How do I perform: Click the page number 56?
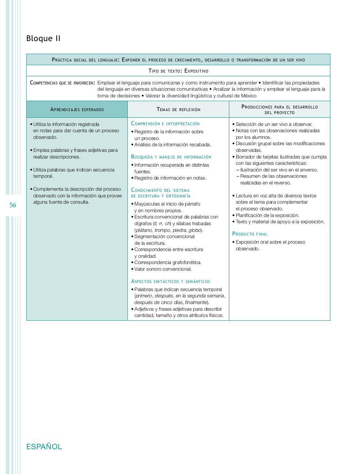click(13, 205)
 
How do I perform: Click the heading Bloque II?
click(43, 39)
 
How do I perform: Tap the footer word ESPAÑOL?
click(44, 447)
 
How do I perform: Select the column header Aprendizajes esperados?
click(77, 109)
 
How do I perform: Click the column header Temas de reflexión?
click(178, 109)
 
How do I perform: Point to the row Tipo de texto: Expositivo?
click(178, 71)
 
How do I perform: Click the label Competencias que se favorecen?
click(62, 83)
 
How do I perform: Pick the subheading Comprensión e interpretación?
click(165, 124)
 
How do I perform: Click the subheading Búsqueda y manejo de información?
click(171, 157)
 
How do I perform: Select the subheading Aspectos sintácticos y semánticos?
click(170, 281)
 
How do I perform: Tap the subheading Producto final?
click(250, 234)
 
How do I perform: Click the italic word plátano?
click(144, 230)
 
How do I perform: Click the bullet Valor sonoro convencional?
click(163, 269)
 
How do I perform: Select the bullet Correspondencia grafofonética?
click(168, 263)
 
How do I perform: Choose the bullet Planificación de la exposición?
click(267, 215)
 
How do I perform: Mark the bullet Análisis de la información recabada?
click(172, 145)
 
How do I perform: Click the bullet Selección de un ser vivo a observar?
click(274, 124)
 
